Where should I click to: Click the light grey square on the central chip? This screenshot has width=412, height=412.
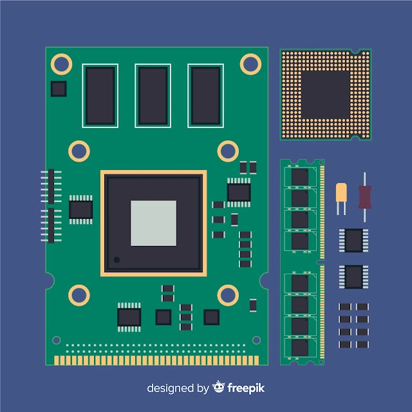(153, 223)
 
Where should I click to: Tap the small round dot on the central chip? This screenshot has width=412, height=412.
(117, 259)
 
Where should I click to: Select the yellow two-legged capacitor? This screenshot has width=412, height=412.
(341, 199)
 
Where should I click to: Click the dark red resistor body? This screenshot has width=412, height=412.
(365, 197)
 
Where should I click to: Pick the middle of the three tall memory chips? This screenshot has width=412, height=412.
(153, 96)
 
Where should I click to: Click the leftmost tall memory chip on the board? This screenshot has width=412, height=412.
(100, 96)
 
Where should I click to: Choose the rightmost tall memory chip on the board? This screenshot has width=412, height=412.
(205, 96)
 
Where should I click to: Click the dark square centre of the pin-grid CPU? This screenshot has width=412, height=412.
(326, 95)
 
